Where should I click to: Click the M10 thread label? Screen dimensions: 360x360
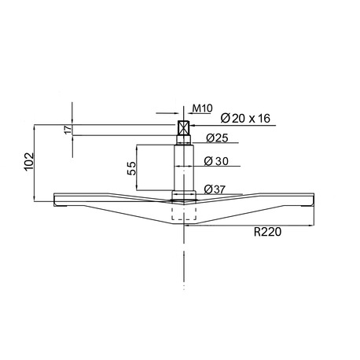(200, 110)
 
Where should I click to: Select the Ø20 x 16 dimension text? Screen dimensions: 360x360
(246, 118)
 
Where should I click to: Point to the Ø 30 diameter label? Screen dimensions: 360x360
(216, 161)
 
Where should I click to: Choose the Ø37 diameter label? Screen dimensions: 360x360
(215, 189)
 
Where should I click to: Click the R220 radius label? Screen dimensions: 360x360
(268, 232)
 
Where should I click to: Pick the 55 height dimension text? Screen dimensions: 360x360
(133, 168)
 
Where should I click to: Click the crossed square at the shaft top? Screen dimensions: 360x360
(184, 128)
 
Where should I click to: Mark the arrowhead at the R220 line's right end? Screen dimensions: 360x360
(311, 224)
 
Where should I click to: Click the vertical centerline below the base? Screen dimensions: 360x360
(184, 259)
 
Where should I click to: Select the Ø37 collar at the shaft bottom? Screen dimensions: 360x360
(184, 193)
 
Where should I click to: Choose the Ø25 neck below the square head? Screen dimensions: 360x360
(184, 141)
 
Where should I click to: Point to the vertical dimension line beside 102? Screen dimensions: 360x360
(36, 163)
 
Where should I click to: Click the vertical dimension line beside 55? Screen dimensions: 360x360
(138, 168)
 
